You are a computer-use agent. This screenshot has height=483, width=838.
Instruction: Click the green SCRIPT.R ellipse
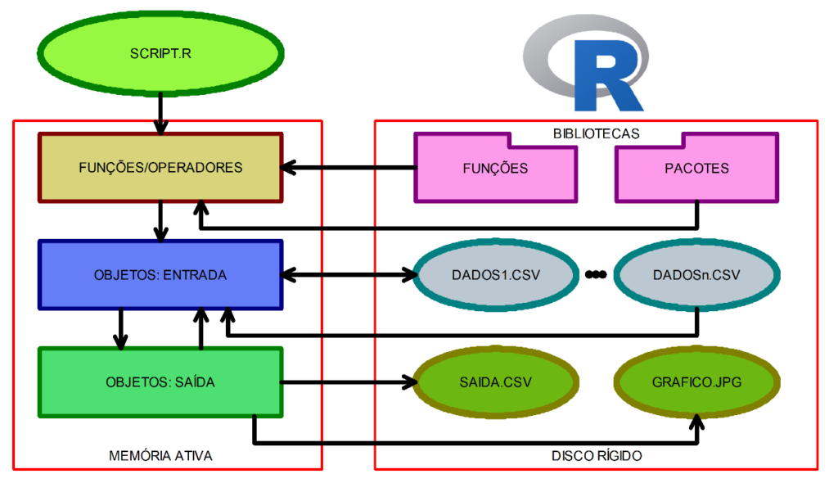pyautogui.click(x=161, y=54)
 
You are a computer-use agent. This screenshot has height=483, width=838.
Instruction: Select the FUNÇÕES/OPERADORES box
pyautogui.click(x=161, y=168)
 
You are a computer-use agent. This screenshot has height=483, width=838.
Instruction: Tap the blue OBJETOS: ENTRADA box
pyautogui.click(x=161, y=275)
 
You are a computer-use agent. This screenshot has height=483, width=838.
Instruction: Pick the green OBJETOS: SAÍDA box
pyautogui.click(x=161, y=381)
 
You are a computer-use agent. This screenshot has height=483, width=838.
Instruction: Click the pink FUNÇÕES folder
pyautogui.click(x=496, y=168)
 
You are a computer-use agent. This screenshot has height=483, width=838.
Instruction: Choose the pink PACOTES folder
pyautogui.click(x=696, y=168)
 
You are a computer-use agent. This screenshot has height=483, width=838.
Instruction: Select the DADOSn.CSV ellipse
pyautogui.click(x=696, y=275)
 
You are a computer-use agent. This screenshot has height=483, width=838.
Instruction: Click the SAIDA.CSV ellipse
pyautogui.click(x=496, y=381)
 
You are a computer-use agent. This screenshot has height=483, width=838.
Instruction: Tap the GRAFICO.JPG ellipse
pyautogui.click(x=696, y=381)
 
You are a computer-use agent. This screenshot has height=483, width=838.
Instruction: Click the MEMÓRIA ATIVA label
pyautogui.click(x=160, y=455)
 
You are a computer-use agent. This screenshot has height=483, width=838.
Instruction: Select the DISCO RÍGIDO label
pyautogui.click(x=597, y=455)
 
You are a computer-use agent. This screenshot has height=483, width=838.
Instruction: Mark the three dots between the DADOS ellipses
pyautogui.click(x=596, y=275)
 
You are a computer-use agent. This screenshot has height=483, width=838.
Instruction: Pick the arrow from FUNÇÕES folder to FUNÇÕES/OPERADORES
pyautogui.click(x=348, y=168)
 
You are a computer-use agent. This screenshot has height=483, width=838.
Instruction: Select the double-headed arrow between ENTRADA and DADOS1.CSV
pyautogui.click(x=348, y=275)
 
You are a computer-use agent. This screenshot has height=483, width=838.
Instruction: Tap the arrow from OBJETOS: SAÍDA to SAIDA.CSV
pyautogui.click(x=348, y=381)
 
